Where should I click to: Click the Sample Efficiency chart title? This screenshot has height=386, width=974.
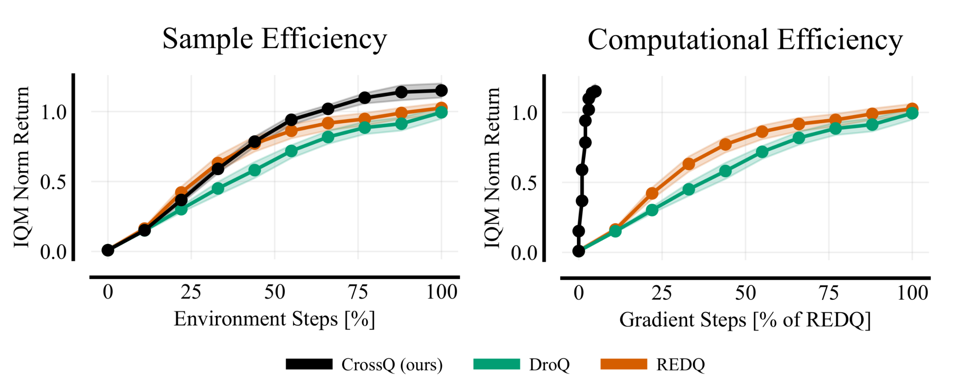[x=275, y=39]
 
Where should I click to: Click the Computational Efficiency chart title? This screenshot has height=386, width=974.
[x=745, y=40]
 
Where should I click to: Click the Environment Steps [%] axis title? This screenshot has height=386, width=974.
[x=275, y=319]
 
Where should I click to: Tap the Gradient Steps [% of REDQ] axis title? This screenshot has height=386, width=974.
[x=745, y=320]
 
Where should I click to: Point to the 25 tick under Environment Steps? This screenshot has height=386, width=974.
[x=191, y=292]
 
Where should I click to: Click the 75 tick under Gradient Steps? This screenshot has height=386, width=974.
[x=829, y=293]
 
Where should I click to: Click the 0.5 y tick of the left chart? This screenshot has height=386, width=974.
[x=53, y=182]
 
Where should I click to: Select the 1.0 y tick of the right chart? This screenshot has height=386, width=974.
[x=524, y=113]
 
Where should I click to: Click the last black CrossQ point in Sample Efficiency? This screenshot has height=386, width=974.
[x=441, y=90]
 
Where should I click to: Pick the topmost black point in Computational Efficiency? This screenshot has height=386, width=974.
[x=596, y=91]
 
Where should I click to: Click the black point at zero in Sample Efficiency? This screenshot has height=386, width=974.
[x=108, y=250]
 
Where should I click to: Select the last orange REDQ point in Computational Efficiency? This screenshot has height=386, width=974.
[x=912, y=109]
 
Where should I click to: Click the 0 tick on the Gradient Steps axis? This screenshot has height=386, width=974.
[x=579, y=293]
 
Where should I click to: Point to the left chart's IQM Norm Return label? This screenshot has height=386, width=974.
[x=22, y=167]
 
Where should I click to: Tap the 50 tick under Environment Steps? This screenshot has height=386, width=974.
[x=275, y=292]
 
